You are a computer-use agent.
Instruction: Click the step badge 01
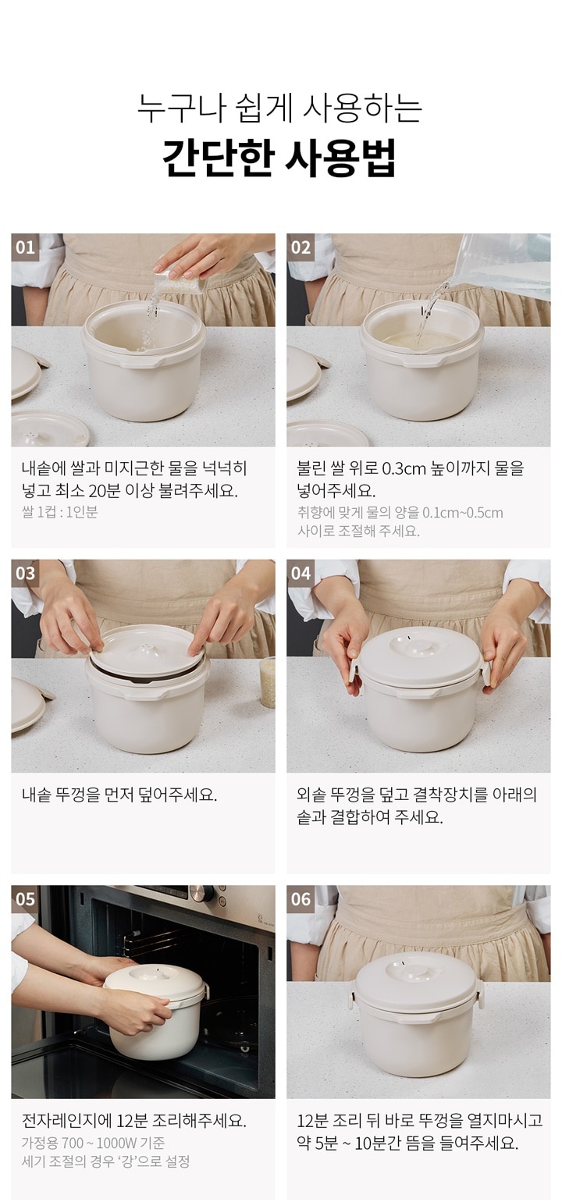pyautogui.click(x=25, y=247)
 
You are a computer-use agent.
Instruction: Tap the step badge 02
pyautogui.click(x=300, y=247)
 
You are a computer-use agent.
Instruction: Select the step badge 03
pyautogui.click(x=25, y=574)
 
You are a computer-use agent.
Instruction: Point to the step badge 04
pyautogui.click(x=300, y=574)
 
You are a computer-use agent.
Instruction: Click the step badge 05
pyautogui.click(x=25, y=899)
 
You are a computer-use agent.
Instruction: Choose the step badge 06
pyautogui.click(x=300, y=899)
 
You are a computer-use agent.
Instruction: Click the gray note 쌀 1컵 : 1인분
pyautogui.click(x=59, y=512)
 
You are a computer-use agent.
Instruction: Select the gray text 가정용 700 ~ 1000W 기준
pyautogui.click(x=93, y=1143)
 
